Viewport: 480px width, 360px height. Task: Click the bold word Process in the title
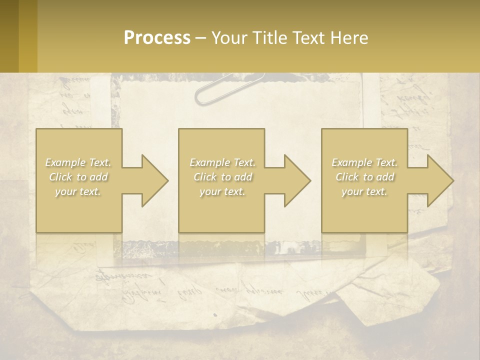(157, 38)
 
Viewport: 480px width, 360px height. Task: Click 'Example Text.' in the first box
(78, 162)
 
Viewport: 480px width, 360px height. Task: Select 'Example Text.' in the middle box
(222, 162)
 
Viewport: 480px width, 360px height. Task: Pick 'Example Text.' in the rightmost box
(364, 162)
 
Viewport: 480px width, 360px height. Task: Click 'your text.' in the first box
(78, 191)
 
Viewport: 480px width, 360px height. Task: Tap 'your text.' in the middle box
(222, 191)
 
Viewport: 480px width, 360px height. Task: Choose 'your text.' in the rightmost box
(364, 191)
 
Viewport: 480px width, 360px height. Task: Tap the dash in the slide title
(200, 38)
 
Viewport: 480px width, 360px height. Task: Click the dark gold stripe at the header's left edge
(9, 36)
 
